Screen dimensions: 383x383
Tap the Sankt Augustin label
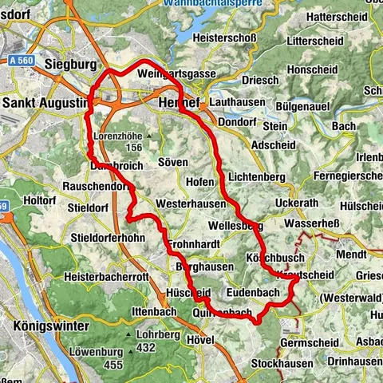pyautogui.click(x=44, y=104)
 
